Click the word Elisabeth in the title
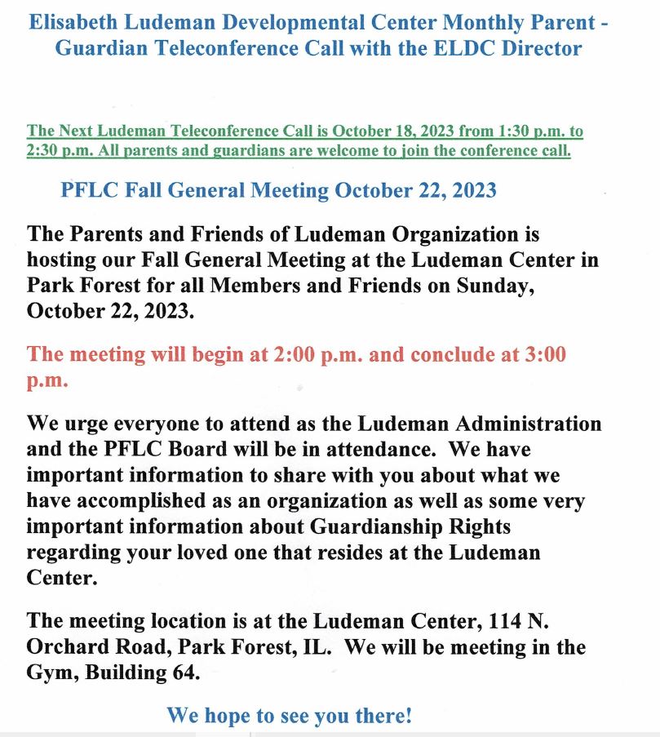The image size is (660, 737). coord(70,22)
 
